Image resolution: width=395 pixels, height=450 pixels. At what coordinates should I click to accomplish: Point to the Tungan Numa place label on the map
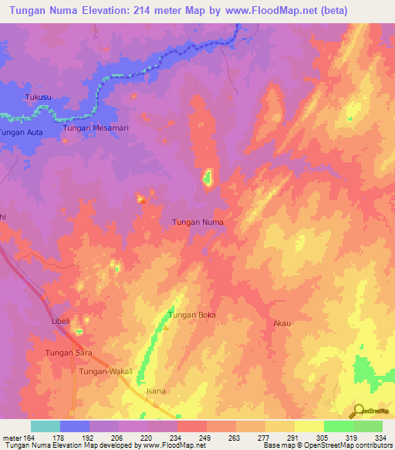click(x=197, y=222)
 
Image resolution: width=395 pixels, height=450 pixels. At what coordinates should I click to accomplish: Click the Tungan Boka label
click(x=192, y=315)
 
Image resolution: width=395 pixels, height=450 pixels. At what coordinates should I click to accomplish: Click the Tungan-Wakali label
click(x=106, y=372)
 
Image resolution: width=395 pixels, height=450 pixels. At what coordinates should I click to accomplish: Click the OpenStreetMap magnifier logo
click(x=356, y=411)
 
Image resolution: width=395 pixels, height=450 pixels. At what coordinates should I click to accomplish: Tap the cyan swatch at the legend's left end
click(x=46, y=426)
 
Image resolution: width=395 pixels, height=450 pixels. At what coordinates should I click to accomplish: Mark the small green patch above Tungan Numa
click(x=207, y=180)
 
